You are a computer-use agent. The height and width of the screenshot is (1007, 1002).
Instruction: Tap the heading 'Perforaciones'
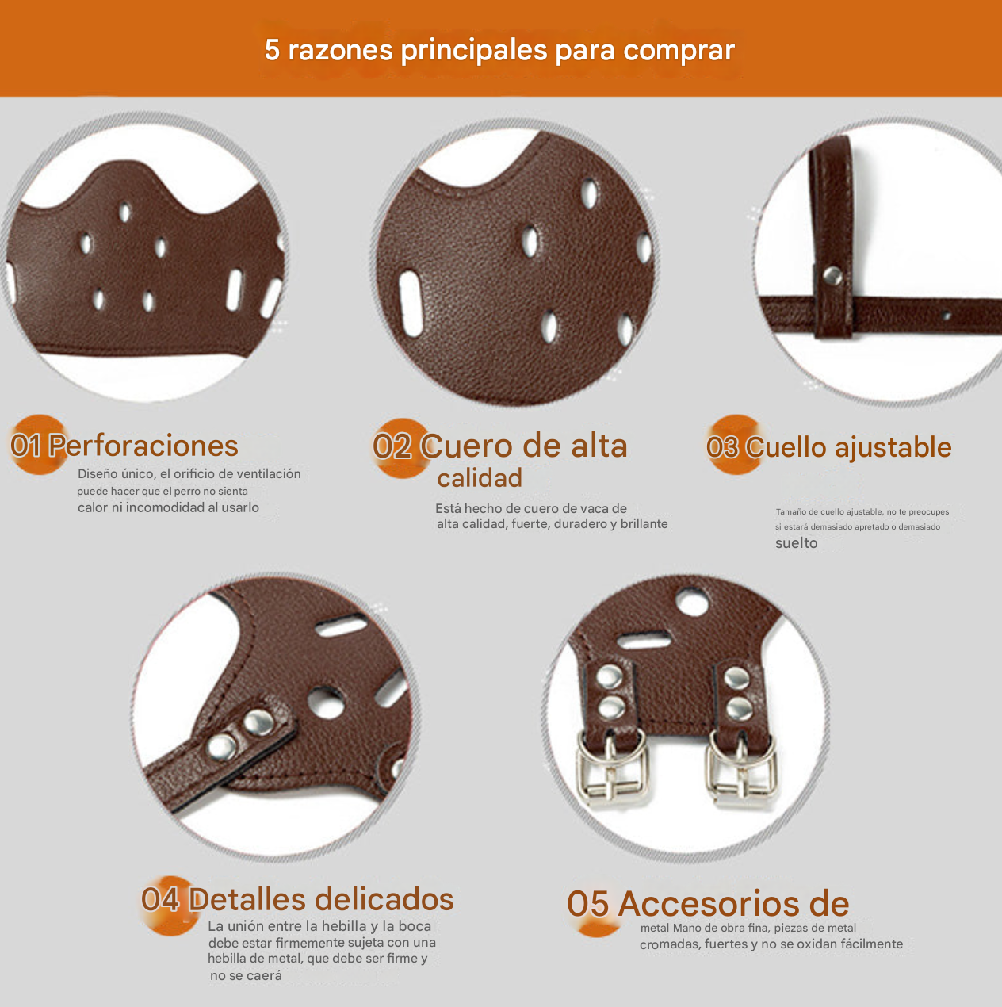pyautogui.click(x=143, y=446)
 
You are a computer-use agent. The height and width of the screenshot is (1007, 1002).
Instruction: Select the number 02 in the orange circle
pyautogui.click(x=392, y=447)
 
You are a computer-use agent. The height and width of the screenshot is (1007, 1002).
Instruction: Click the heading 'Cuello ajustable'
pyautogui.click(x=848, y=447)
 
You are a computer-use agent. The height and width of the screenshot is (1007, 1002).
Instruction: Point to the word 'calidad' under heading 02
pyautogui.click(x=480, y=478)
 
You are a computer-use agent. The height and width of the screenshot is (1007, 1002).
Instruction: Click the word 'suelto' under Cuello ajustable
pyautogui.click(x=796, y=543)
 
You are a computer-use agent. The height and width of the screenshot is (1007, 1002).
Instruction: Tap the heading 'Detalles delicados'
pyautogui.click(x=321, y=899)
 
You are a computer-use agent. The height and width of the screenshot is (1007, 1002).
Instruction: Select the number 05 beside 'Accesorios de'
pyautogui.click(x=587, y=905)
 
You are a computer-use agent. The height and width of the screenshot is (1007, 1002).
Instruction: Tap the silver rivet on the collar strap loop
pyautogui.click(x=832, y=275)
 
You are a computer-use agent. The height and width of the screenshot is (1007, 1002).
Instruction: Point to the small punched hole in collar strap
pyautogui.click(x=946, y=316)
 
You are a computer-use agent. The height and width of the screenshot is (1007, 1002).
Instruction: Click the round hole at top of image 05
pyautogui.click(x=694, y=602)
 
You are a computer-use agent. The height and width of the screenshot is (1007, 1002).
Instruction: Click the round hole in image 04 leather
pyautogui.click(x=326, y=702)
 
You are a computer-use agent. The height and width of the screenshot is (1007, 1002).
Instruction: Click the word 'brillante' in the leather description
pyautogui.click(x=644, y=524)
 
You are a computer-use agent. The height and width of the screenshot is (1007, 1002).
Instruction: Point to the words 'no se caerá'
pyautogui.click(x=246, y=976)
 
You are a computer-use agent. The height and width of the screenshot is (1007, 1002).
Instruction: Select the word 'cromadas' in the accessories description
pyautogui.click(x=670, y=944)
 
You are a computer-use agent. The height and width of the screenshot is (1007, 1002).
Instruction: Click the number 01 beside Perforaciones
pyautogui.click(x=26, y=446)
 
